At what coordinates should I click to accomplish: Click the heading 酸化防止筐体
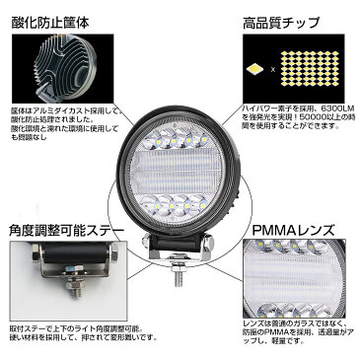[52, 18]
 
